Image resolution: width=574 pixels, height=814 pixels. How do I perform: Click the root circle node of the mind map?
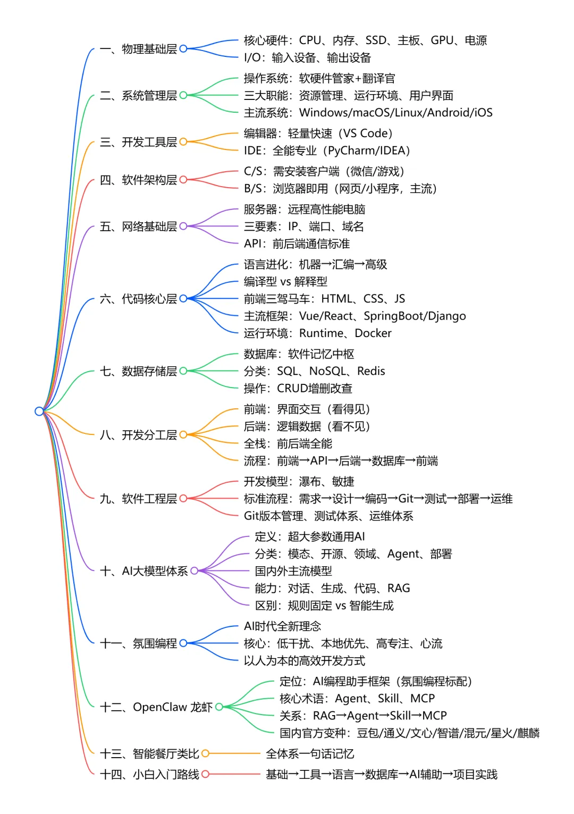[39, 411]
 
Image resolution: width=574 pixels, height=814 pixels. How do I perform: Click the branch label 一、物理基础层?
[138, 49]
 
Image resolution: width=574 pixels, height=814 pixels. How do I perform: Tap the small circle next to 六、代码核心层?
[183, 299]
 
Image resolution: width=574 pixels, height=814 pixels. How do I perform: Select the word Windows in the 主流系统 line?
[324, 113]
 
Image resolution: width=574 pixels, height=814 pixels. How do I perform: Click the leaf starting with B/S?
[340, 189]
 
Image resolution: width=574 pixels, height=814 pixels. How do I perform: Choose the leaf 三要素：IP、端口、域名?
[303, 227]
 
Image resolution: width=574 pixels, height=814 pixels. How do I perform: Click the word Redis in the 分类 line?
[370, 371]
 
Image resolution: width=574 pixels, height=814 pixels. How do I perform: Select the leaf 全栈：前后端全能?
[288, 444]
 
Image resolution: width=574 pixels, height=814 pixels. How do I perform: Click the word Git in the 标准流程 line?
[406, 499]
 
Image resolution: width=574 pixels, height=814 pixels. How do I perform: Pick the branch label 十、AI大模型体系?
[143, 571]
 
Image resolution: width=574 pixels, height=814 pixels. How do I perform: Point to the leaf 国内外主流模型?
[293, 571]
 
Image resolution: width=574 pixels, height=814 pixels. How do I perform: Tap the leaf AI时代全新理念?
[282, 626]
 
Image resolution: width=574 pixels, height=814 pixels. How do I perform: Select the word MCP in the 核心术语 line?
[422, 699]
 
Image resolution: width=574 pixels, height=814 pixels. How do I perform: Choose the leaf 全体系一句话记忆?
[310, 754]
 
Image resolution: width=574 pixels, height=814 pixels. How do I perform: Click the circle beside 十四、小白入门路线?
[205, 774]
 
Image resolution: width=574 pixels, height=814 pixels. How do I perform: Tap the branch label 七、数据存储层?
[138, 371]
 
